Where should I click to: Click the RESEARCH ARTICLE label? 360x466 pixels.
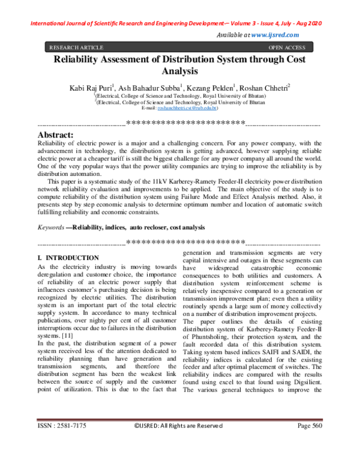click(x=76, y=47)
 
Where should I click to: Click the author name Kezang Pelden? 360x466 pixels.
click(x=210, y=88)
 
